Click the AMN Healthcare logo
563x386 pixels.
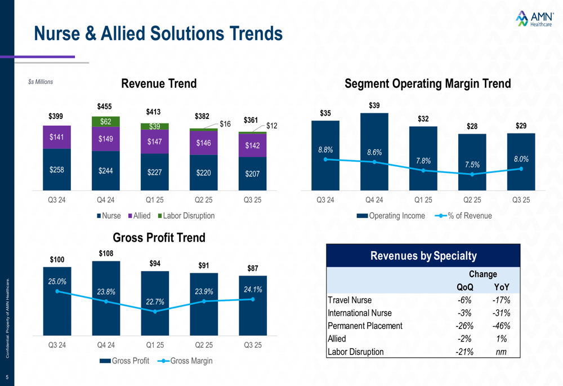533,19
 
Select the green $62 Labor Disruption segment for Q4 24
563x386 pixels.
105,122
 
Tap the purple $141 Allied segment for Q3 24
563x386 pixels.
56,137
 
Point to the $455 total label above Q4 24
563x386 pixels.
105,107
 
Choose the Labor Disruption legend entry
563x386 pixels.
186,216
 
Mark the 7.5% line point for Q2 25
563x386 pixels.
472,174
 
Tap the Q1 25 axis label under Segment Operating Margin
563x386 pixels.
423,199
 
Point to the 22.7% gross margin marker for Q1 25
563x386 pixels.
155,312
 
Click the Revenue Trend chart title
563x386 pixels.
159,84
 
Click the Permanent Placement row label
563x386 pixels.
365,326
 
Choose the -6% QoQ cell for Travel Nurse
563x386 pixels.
464,300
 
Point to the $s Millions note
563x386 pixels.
41,82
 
